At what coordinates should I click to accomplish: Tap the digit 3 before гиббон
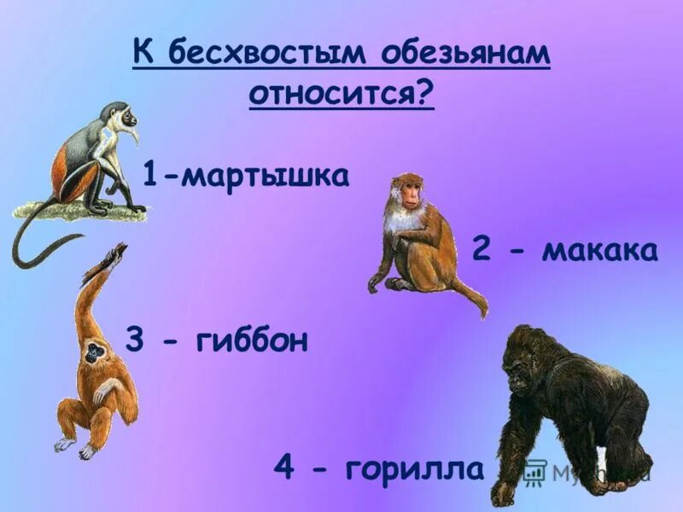[135, 341]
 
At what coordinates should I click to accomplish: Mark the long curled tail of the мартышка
[34, 247]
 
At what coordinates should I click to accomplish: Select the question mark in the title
[423, 92]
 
